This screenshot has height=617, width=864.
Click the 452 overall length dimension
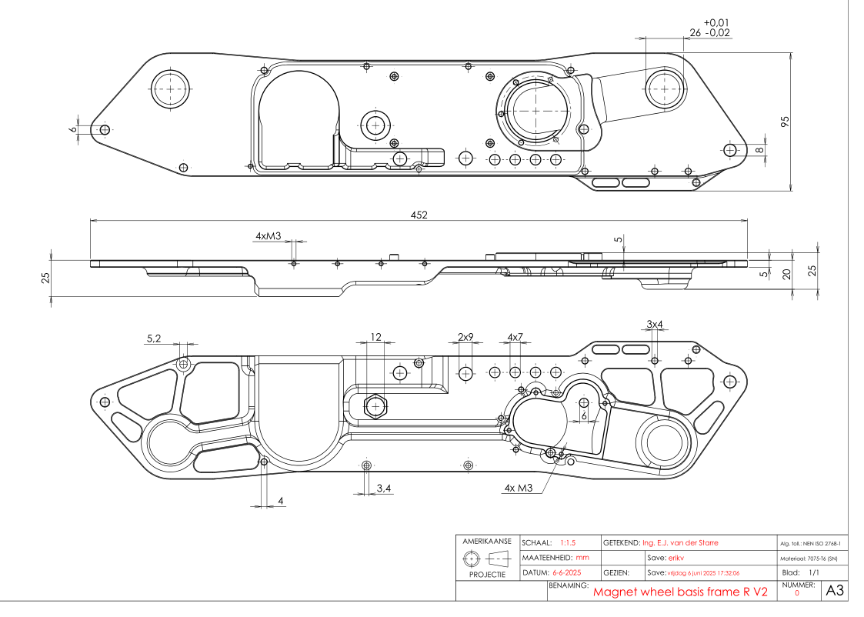(x=419, y=215)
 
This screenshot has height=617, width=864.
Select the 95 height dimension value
(x=786, y=122)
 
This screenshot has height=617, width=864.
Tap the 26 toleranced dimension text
(x=696, y=32)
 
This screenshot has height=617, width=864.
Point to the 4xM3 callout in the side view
(x=269, y=236)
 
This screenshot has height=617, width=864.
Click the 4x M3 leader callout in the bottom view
(x=519, y=488)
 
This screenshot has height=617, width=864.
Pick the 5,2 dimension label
(x=154, y=339)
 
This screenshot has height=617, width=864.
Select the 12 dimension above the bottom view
(x=375, y=337)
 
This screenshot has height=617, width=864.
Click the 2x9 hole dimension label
(x=465, y=337)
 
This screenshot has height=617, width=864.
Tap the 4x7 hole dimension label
(x=515, y=337)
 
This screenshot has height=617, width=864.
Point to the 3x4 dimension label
(x=655, y=325)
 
